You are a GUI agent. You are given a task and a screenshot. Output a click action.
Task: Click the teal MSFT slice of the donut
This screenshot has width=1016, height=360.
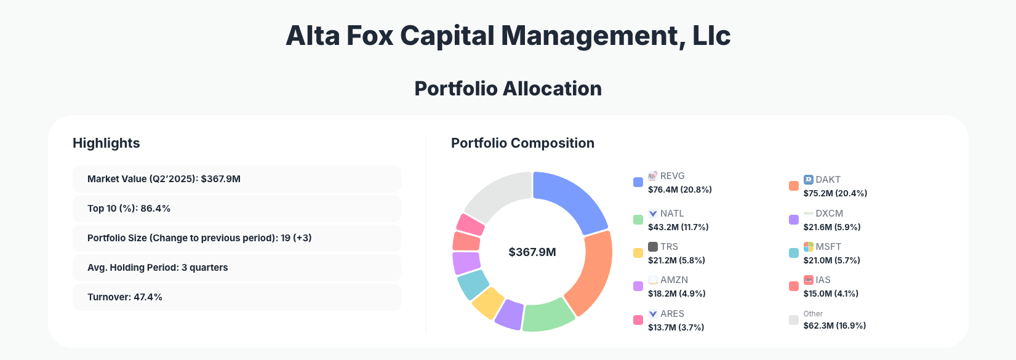click(x=473, y=284)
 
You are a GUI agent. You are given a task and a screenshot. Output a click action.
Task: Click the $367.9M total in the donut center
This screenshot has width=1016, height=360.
click(x=532, y=252)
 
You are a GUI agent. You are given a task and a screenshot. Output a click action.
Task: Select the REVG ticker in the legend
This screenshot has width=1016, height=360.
click(x=672, y=176)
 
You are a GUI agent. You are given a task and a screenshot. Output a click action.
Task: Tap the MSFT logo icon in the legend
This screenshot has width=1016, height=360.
click(x=809, y=247)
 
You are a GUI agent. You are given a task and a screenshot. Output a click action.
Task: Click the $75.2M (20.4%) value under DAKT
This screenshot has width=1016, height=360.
click(x=835, y=193)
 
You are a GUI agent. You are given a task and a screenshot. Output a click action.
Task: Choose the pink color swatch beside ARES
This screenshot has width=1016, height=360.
click(x=638, y=320)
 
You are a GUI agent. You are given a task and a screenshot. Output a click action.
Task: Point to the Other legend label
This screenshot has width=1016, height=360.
click(x=813, y=314)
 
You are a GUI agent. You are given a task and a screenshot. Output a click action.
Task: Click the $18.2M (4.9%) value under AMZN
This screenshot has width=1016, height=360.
click(x=676, y=294)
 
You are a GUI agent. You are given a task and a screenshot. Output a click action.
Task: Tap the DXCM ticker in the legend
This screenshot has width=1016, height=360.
click(x=829, y=214)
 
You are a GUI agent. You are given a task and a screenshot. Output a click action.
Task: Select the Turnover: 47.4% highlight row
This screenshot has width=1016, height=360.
click(x=236, y=297)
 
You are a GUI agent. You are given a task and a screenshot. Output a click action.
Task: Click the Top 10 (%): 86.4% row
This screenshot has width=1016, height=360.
click(x=236, y=209)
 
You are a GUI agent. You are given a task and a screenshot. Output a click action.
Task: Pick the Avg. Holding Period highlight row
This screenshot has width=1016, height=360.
click(x=236, y=268)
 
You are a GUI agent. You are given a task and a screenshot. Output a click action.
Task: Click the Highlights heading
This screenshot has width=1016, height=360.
click(x=106, y=143)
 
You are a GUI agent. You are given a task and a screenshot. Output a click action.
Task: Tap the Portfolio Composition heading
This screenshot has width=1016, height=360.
click(x=522, y=143)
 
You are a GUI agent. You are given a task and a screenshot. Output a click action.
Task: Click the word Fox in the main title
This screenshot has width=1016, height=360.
click(x=369, y=36)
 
